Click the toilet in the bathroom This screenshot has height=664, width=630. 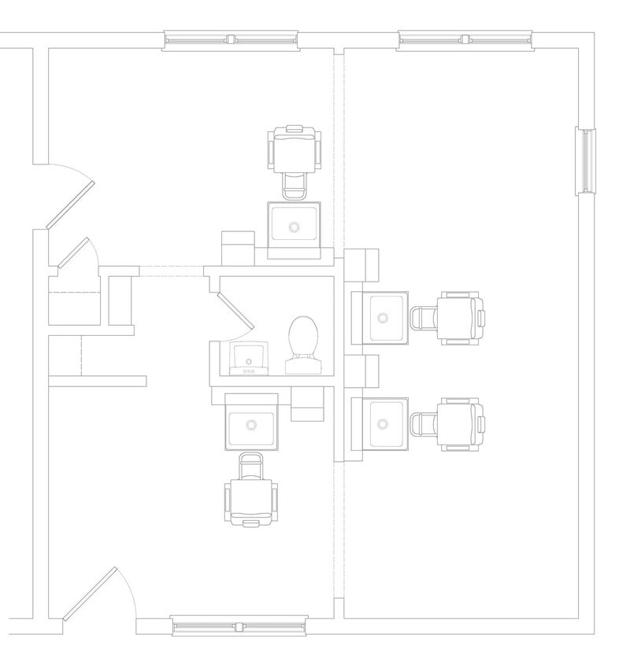click(x=302, y=344)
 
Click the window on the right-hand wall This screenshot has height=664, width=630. click(x=586, y=160)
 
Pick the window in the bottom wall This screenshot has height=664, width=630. click(x=239, y=626)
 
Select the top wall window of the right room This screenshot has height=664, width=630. click(x=465, y=39)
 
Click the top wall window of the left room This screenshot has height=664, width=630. click(x=231, y=39)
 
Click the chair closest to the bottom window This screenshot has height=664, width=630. click(x=251, y=492)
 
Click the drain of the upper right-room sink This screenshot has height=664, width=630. click(x=384, y=318)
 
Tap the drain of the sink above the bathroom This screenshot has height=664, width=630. click(x=295, y=227)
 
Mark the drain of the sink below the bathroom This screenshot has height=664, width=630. click(x=251, y=425)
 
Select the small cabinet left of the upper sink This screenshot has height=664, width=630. click(x=238, y=248)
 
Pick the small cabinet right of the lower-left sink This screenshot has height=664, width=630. click(x=308, y=404)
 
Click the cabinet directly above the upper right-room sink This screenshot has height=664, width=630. click(x=363, y=264)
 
